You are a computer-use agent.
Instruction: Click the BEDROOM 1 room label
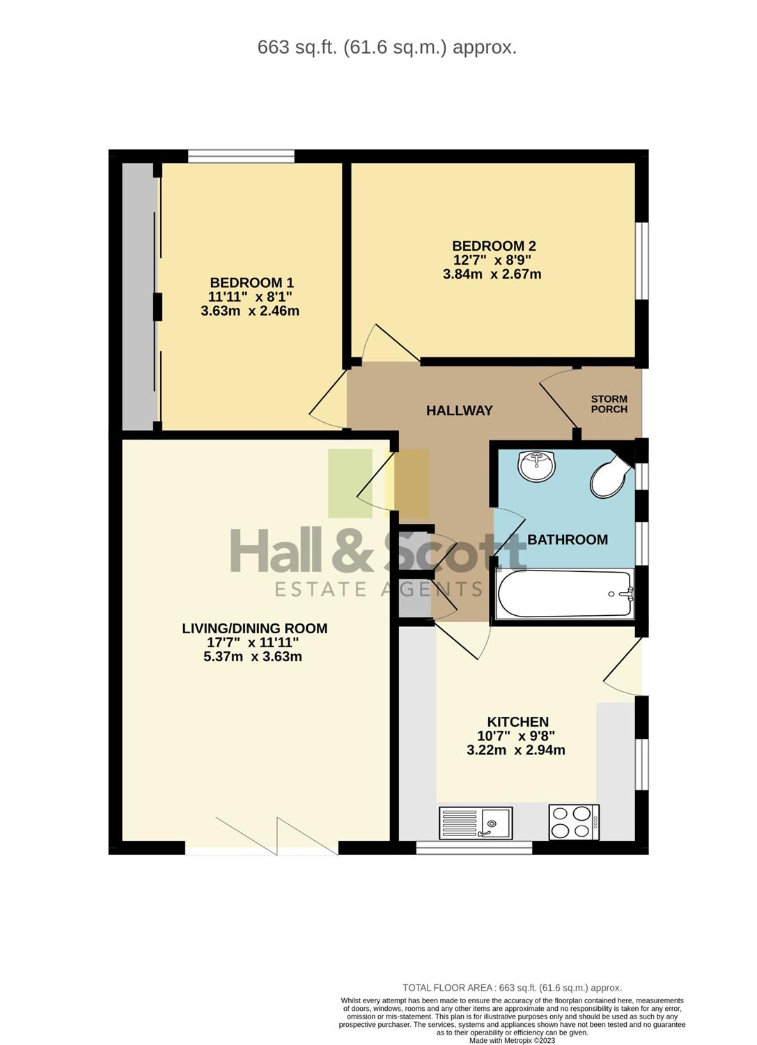tap(252, 283)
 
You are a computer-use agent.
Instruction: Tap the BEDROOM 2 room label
tap(494, 246)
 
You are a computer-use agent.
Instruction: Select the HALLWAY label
tap(460, 410)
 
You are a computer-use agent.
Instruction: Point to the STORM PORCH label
tap(609, 404)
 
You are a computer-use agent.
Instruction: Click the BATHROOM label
tap(568, 540)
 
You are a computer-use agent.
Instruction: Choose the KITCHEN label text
tap(517, 722)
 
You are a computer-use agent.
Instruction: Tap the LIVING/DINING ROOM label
tap(255, 628)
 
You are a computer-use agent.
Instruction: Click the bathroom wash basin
tap(537, 465)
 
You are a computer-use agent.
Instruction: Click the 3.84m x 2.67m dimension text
tap(492, 274)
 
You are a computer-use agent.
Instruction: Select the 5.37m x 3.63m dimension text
tap(253, 656)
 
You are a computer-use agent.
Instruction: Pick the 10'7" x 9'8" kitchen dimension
tap(516, 736)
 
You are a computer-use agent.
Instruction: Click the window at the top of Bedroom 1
tap(241, 156)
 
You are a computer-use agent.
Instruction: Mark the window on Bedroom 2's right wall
tap(642, 261)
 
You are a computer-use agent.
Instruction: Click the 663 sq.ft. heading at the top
tap(387, 47)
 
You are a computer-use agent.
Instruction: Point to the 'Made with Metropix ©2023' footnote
tap(512, 1040)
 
